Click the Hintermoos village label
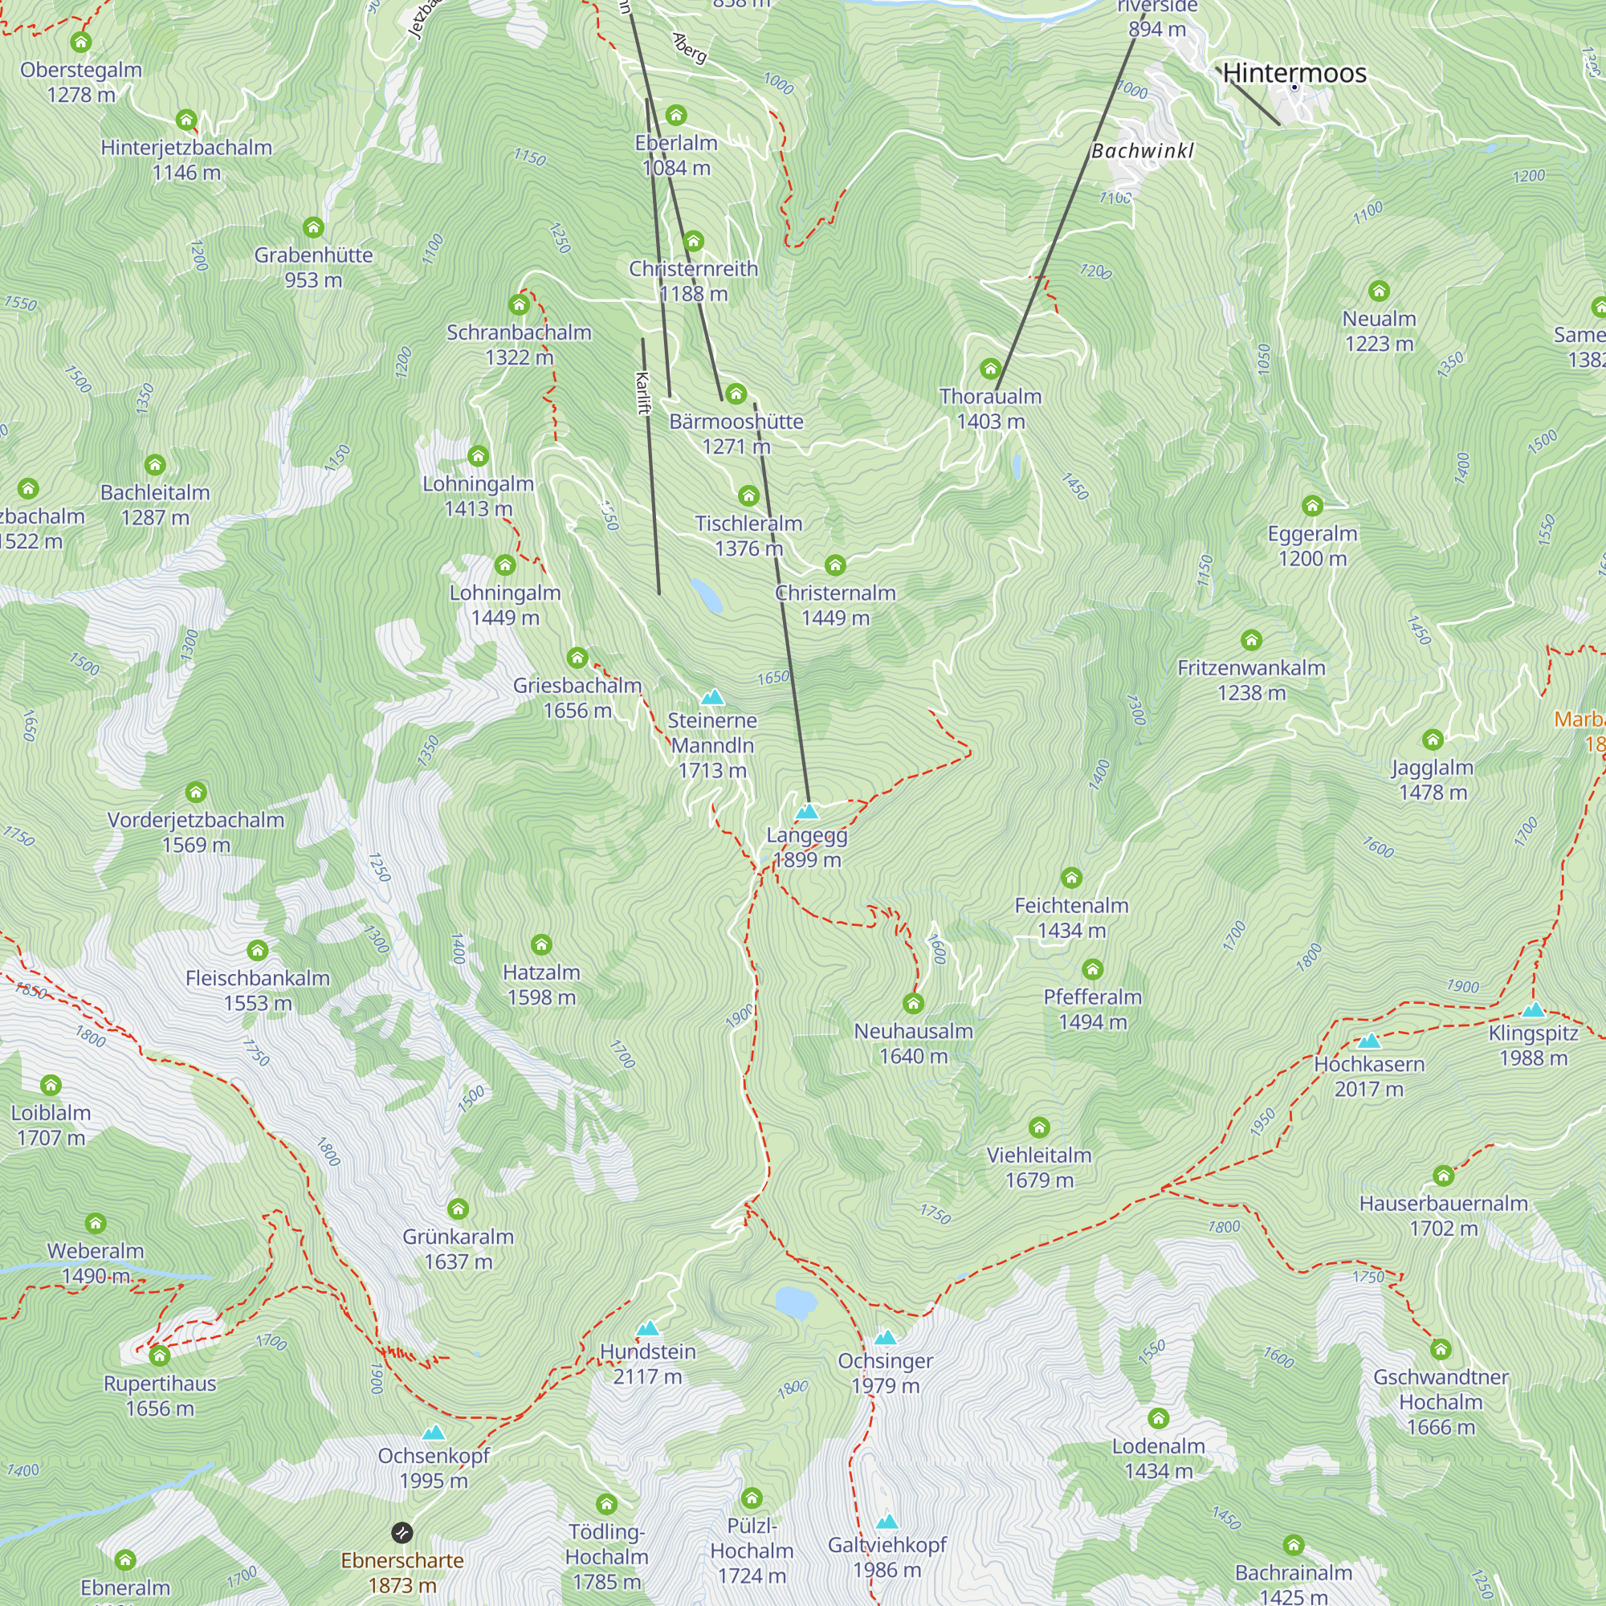pos(1294,73)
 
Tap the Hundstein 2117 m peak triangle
pos(647,1328)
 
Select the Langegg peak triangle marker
pos(807,811)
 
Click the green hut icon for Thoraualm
pos(990,369)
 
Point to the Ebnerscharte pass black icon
pos(401,1532)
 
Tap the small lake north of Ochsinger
pos(796,1302)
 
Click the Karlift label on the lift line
pos(642,393)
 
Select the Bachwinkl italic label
pos(1142,151)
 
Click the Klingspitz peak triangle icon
pos(1534,1010)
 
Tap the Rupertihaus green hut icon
pos(160,1355)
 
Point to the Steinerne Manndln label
pos(712,732)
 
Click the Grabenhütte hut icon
pos(313,227)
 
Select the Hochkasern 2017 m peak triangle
pos(1369,1041)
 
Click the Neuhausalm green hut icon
pos(914,1003)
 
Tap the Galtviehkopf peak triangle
pos(887,1521)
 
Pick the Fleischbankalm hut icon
pos(258,950)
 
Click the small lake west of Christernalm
pos(707,595)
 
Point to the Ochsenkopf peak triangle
pos(434,1433)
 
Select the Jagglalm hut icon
pos(1433,739)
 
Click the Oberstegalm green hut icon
pos(80,42)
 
